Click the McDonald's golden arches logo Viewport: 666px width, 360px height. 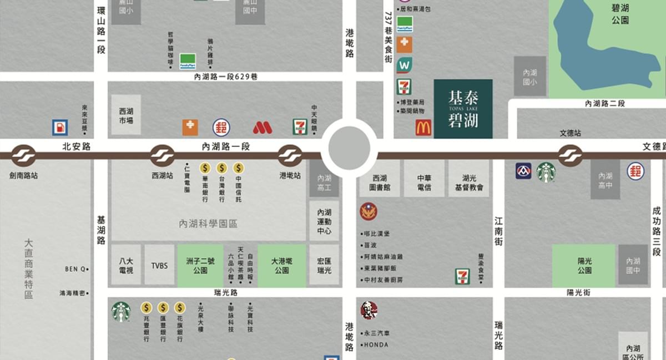423,128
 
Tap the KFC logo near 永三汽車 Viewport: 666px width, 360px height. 369,310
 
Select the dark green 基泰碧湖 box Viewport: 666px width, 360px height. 463,109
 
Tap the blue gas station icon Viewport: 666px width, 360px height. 60,128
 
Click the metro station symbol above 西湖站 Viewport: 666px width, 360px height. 162,155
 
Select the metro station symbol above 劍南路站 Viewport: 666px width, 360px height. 23,155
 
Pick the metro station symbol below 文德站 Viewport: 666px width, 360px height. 570,155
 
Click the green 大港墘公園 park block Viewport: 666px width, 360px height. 282,265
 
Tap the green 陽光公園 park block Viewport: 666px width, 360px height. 583,265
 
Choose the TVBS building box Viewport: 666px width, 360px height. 159,265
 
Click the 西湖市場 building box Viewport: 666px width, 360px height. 126,115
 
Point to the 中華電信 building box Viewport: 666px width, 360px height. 424,179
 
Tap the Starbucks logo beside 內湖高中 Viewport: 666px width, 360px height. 546,172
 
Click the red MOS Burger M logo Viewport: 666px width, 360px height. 263,128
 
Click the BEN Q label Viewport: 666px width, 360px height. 77,269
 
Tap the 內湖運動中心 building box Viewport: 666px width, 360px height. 324,221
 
